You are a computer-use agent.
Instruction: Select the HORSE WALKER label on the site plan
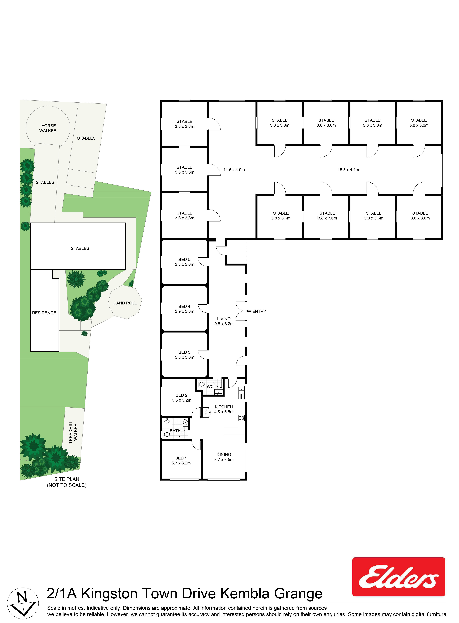coord(48,128)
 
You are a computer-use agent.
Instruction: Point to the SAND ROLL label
coord(125,303)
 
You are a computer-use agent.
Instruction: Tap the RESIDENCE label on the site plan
coord(44,313)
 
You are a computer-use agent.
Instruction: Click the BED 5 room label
coord(184,259)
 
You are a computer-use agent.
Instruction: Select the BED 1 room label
coord(181,458)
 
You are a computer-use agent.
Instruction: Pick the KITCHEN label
coord(224,407)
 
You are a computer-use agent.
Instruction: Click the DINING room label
coord(224,454)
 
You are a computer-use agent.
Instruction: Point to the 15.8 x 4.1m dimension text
coord(348,170)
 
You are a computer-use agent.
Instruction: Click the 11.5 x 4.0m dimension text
coord(234,170)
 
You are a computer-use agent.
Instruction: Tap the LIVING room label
coord(224,319)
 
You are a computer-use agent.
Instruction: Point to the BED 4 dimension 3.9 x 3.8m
coord(184,311)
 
